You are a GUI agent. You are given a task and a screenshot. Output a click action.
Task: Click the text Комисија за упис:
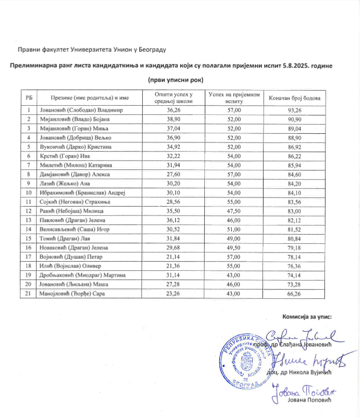[307, 317]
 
